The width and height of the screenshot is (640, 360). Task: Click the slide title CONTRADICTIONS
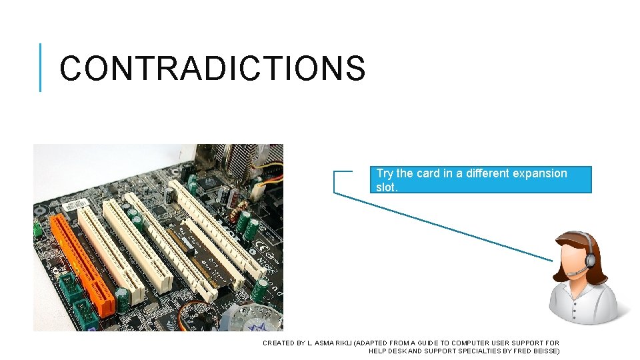tap(212, 68)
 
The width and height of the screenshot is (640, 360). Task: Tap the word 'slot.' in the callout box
tap(387, 187)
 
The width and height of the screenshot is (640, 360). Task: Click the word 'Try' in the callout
tap(385, 173)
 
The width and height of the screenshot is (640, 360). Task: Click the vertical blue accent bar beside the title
tap(40, 67)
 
